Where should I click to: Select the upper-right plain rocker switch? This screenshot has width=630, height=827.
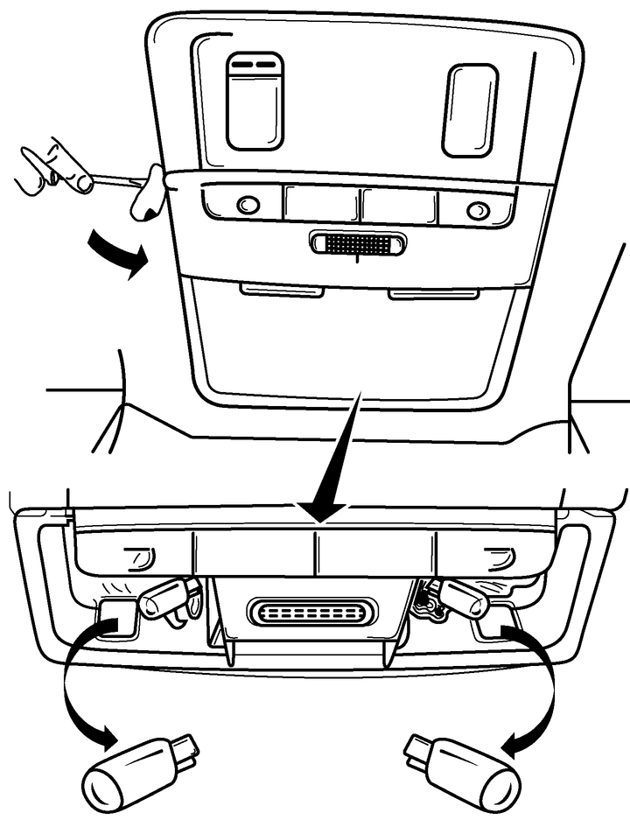[470, 109]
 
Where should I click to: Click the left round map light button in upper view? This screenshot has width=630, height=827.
[248, 205]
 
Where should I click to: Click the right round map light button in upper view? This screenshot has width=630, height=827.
[477, 210]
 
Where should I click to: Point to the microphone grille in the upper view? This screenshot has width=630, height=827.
[357, 244]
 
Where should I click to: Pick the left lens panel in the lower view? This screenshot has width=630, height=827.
[131, 556]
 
